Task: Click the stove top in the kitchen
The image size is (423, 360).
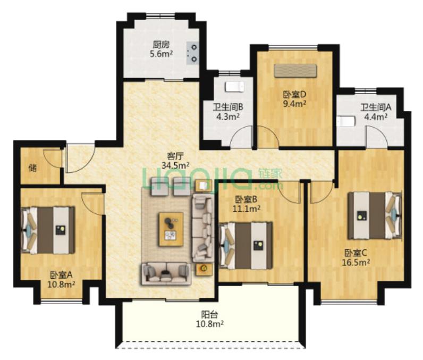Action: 192,53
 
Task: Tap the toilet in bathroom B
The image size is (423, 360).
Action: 235,87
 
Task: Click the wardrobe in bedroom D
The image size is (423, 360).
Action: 295,71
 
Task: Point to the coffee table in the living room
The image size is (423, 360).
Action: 171,229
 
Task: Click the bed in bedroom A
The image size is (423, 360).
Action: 48,230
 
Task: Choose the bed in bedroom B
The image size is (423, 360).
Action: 246,246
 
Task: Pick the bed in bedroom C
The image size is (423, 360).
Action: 375,215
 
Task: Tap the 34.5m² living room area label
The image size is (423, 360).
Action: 175,165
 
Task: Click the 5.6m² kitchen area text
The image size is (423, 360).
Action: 162,54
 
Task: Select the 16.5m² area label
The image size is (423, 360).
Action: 356,262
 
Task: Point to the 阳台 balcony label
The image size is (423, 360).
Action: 209,315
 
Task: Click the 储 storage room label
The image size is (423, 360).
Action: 33,168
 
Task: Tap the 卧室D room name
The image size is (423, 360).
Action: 294,95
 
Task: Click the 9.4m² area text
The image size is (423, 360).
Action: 294,104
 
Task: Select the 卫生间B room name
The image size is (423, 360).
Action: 228,107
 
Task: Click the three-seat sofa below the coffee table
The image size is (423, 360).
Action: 166,274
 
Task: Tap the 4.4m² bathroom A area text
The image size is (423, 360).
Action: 376,116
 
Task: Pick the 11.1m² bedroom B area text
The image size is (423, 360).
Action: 246,208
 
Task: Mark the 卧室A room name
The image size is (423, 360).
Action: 61,275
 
